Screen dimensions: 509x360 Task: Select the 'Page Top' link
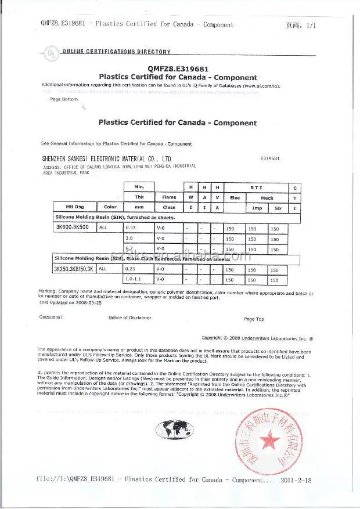(x=254, y=319)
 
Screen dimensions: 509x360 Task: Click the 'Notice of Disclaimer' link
(x=129, y=317)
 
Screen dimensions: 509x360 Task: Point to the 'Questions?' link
(x=51, y=317)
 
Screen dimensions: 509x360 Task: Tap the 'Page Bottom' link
(x=64, y=99)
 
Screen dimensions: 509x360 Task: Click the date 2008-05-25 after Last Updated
(x=85, y=302)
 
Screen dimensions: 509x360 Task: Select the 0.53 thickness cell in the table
(x=132, y=229)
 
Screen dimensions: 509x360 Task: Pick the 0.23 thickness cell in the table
(x=132, y=269)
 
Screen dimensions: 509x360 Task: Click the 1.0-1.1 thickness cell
(x=135, y=280)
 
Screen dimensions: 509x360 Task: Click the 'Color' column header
(x=110, y=207)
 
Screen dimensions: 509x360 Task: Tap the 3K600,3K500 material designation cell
(x=74, y=229)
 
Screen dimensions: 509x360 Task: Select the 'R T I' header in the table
(x=256, y=187)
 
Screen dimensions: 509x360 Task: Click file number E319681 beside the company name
(x=271, y=158)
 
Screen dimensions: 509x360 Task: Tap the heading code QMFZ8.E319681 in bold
(x=178, y=67)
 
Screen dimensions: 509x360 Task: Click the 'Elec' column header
(x=235, y=197)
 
